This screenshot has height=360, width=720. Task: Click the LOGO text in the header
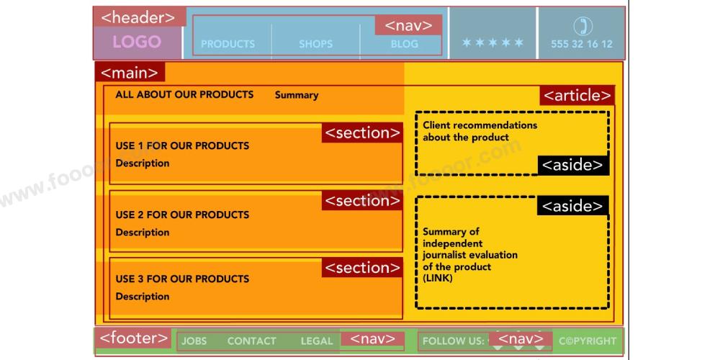coord(137,42)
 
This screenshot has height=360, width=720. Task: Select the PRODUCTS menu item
coord(228,44)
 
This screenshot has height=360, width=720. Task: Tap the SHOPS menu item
coord(315,44)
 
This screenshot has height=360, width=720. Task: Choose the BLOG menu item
coord(404,44)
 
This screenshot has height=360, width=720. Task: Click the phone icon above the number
coord(582,26)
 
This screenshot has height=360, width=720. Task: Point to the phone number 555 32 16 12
coord(582,44)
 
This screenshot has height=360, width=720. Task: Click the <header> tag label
coord(138,18)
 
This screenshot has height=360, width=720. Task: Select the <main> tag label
coord(129,73)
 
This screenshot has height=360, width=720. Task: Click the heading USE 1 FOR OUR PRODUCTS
coord(182,145)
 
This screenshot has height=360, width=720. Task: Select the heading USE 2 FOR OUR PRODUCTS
coord(182,215)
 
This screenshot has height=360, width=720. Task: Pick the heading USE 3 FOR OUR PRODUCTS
coord(182,279)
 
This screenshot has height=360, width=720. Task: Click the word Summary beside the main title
coord(297,95)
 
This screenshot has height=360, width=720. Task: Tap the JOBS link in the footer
coord(194,341)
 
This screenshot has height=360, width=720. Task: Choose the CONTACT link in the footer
coord(251,341)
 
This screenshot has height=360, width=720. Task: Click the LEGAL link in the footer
coord(317,341)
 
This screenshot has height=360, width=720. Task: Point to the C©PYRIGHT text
coord(588,341)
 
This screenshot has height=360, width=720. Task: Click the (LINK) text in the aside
coord(438,278)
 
